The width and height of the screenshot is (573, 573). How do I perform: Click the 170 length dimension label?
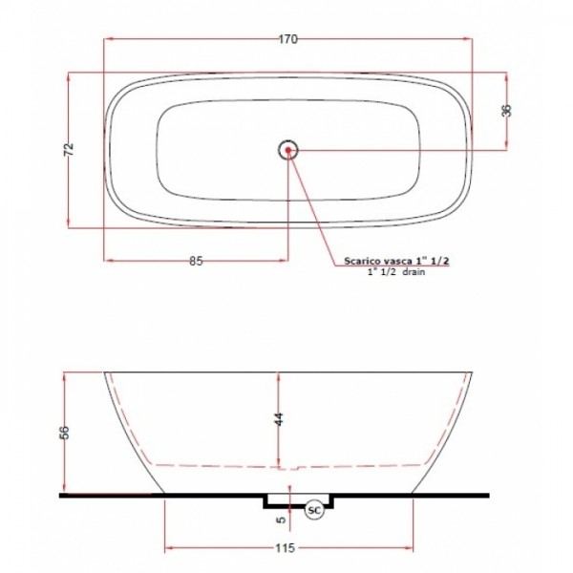point(288,39)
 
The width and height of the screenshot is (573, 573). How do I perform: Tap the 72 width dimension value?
point(69,149)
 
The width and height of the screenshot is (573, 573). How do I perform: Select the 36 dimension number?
point(506,111)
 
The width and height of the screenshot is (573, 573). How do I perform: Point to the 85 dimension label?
point(196,262)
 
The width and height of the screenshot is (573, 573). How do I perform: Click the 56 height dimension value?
point(64,433)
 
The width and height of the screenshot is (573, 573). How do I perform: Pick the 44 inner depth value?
point(279,419)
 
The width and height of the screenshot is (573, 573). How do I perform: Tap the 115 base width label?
point(285,548)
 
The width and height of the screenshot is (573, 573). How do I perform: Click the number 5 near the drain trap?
point(282,520)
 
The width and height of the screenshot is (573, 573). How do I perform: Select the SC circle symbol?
point(314,511)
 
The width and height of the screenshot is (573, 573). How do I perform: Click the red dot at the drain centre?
point(288,150)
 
